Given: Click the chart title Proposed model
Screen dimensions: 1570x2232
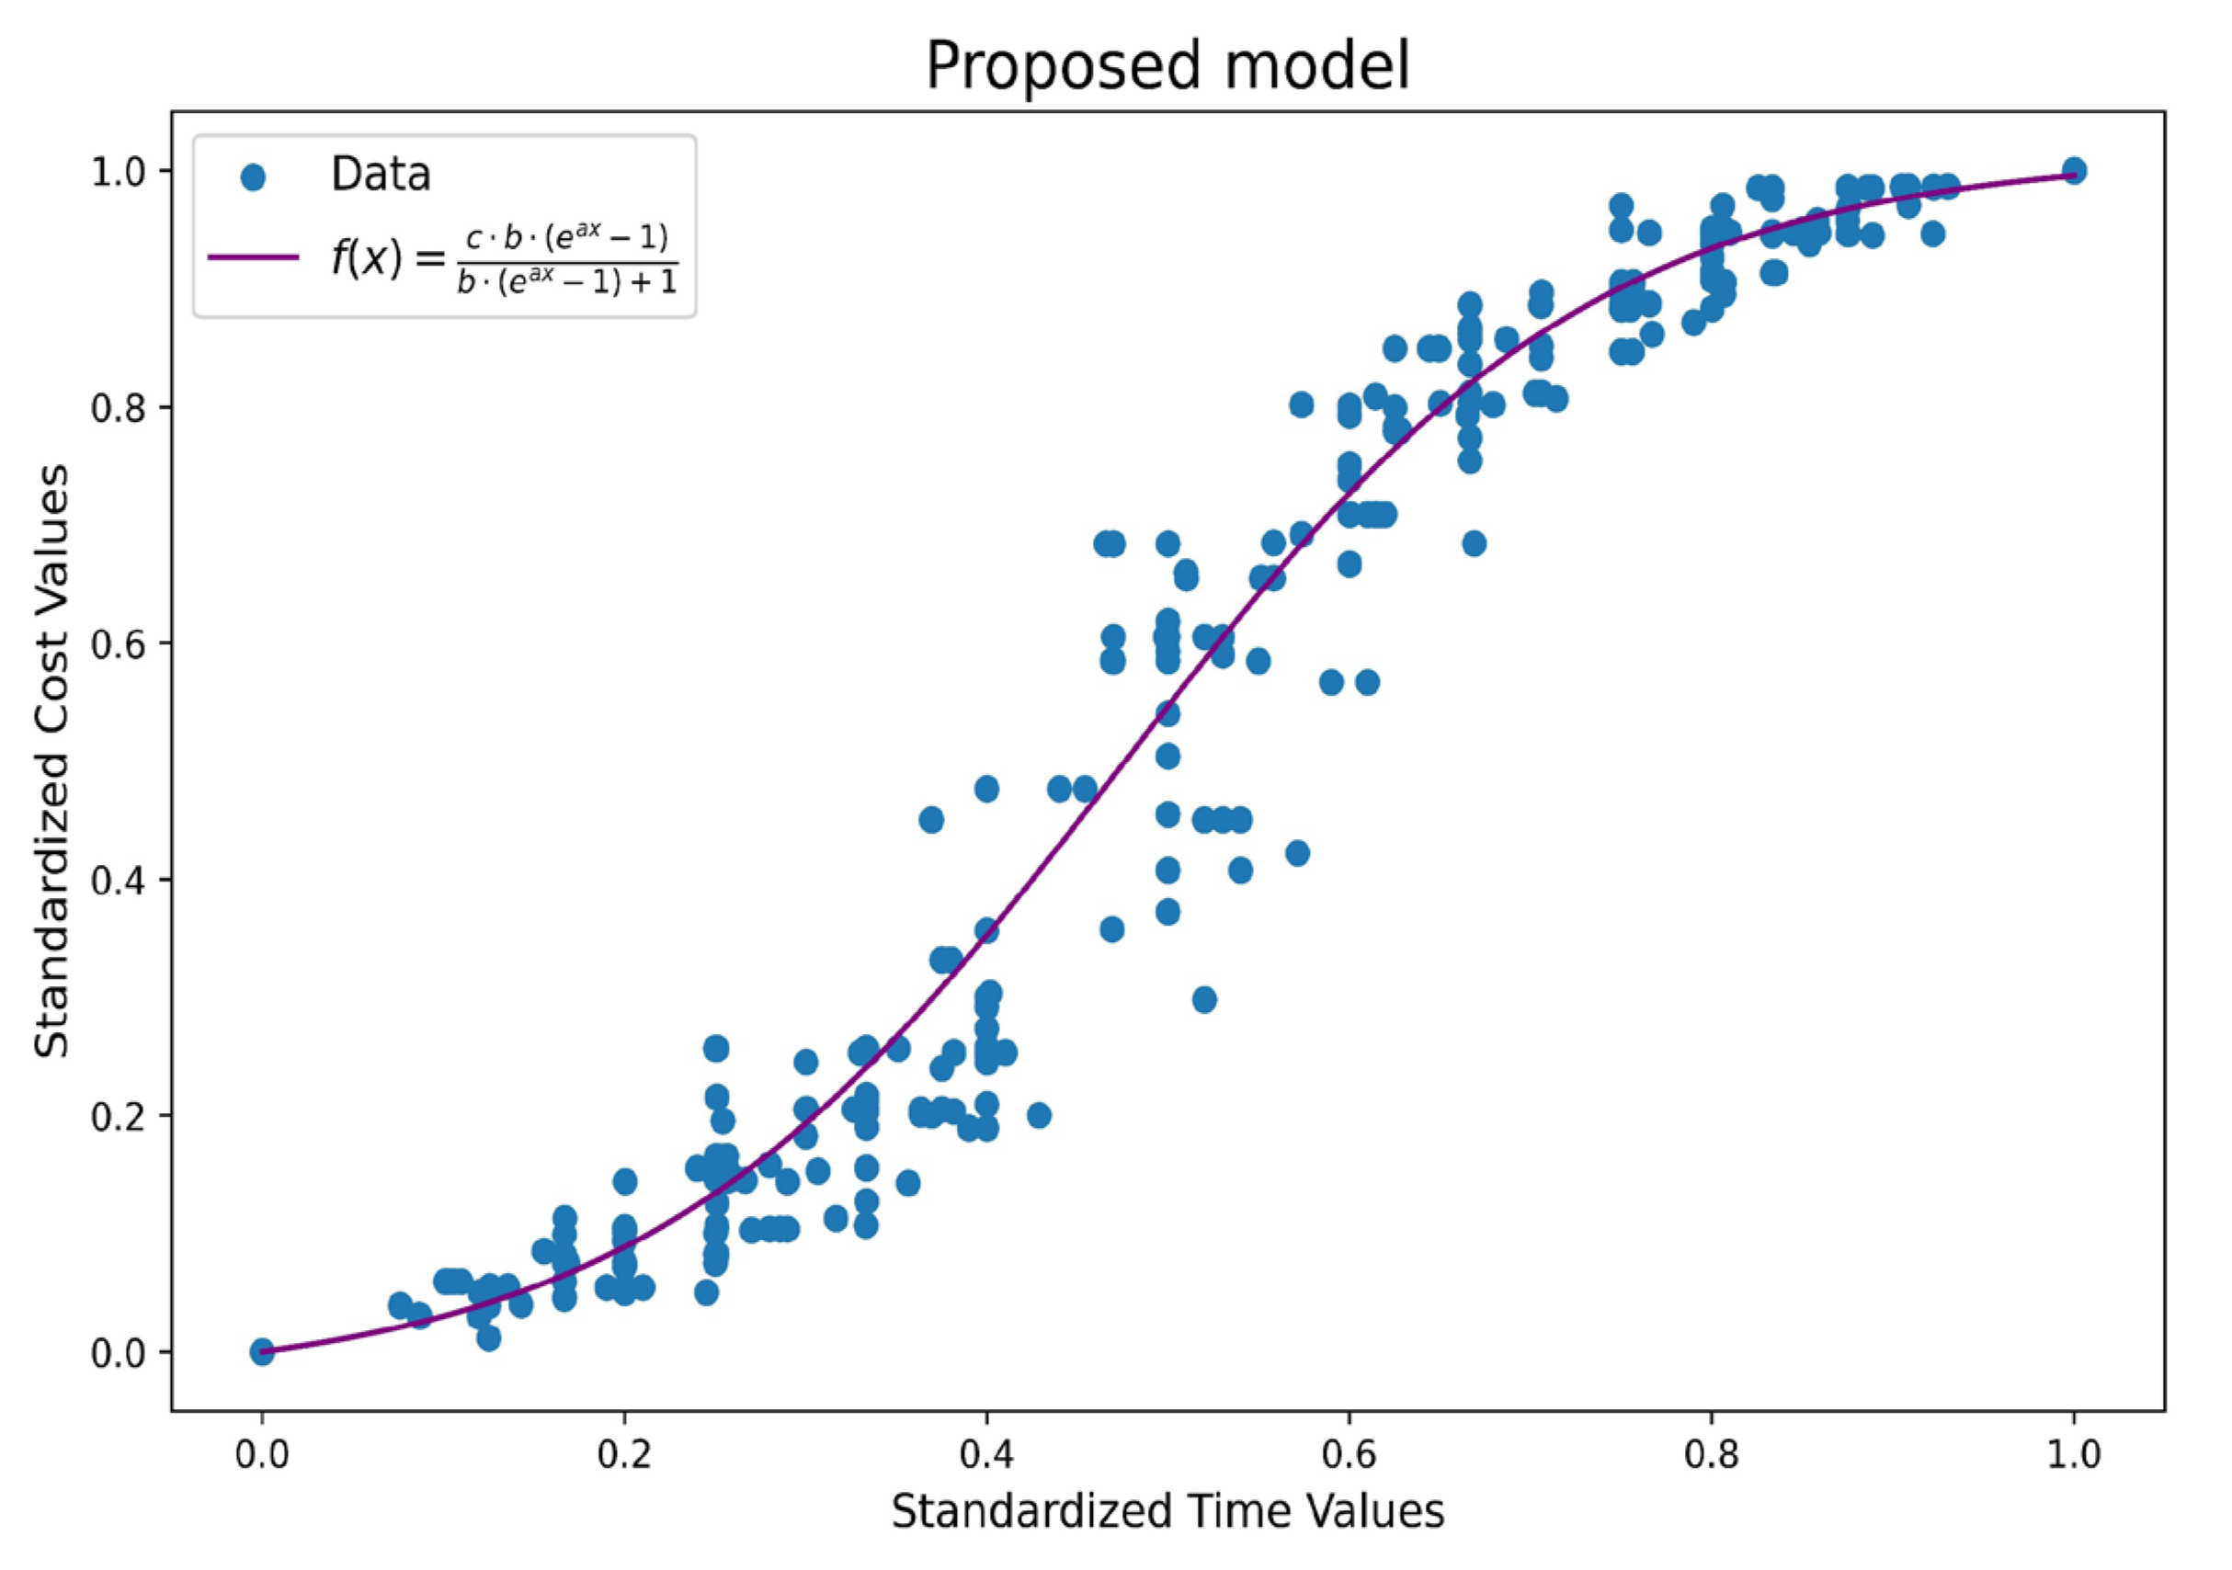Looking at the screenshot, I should (1167, 66).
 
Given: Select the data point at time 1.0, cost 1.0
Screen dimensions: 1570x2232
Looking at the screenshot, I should (2073, 170).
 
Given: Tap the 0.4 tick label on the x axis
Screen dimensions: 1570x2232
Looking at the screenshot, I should (985, 1455).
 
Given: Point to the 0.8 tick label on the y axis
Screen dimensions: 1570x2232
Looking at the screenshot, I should (118, 407).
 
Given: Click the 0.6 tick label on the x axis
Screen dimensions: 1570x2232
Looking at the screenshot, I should (1349, 1455).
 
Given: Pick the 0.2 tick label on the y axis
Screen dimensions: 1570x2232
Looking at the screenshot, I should (118, 1116).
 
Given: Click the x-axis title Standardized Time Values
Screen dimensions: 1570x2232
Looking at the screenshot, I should (1167, 1513).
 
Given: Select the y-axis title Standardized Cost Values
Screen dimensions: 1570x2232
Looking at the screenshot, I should (52, 761).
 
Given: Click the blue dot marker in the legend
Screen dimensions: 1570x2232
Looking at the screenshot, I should (253, 176).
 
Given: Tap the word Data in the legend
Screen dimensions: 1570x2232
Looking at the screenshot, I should (380, 175).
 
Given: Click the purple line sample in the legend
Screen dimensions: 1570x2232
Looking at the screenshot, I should (253, 256).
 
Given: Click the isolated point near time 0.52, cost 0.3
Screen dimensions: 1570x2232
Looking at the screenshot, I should (1203, 999).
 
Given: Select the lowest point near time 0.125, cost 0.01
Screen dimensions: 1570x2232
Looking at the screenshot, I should (489, 1338).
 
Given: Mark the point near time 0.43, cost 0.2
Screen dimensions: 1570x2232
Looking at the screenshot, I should (1038, 1115).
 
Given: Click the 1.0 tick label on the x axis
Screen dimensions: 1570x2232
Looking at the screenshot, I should (2073, 1455).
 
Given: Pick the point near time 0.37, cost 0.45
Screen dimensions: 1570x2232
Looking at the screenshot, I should (931, 820).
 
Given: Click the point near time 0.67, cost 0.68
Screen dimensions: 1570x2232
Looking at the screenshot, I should (1474, 543).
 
